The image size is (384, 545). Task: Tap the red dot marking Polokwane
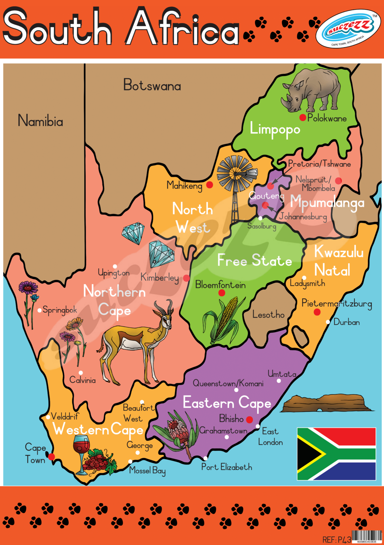tap(303, 117)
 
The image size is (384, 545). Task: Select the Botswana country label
tap(152, 85)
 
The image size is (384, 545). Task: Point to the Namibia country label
tap(40, 121)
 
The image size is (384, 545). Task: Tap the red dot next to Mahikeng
tap(210, 185)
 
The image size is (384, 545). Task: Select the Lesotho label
tap(268, 314)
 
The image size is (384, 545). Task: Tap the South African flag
tap(336, 454)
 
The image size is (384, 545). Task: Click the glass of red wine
tap(81, 451)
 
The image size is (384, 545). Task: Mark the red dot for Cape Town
tap(52, 457)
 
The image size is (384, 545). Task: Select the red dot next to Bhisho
tap(249, 420)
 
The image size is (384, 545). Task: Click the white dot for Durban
tap(328, 322)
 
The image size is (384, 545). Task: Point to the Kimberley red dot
tap(186, 278)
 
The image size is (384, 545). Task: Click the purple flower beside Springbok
tap(28, 287)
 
